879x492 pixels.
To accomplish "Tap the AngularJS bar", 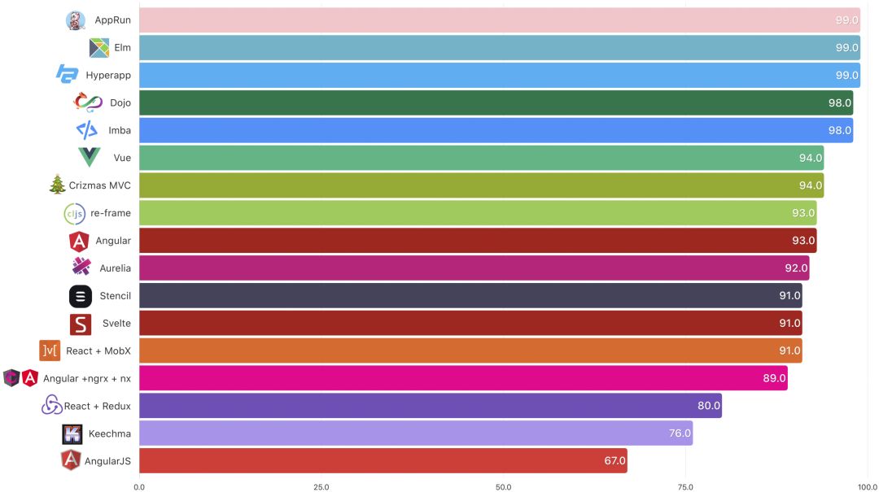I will pos(383,460).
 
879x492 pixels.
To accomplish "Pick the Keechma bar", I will pos(415,433).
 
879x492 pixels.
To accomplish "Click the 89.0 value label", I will pos(773,378).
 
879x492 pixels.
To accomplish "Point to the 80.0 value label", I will pos(707,406).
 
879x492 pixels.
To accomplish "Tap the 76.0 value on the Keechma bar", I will pos(679,433).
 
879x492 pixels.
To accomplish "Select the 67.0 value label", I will pos(614,460).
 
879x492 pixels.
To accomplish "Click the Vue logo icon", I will pos(89,158).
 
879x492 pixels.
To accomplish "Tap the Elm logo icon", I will pos(99,48).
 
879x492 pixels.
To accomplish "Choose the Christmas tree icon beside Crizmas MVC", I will pos(57,185).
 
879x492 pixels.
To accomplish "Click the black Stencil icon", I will pos(80,296).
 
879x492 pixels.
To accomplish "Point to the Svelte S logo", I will pos(80,324).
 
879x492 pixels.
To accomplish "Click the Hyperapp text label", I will pos(108,76).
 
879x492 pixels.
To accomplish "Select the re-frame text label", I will pos(111,213).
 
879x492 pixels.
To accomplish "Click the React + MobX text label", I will pos(98,350).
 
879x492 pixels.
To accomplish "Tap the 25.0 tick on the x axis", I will pos(321,486).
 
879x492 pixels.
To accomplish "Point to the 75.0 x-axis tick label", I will pos(686,486).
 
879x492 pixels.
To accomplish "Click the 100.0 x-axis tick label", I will pos(868,486).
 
